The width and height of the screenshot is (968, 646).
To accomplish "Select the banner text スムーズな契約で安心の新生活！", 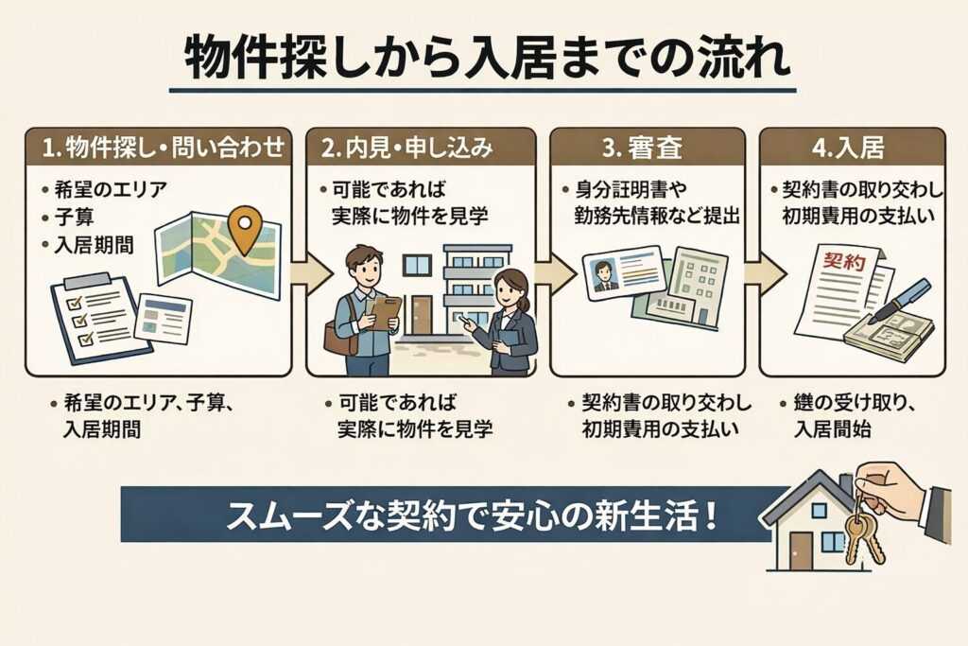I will pos(471,516).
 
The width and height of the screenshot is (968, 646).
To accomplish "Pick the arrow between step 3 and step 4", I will pos(761,273).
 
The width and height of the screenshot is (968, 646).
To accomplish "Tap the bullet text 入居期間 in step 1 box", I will pos(94,244).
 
